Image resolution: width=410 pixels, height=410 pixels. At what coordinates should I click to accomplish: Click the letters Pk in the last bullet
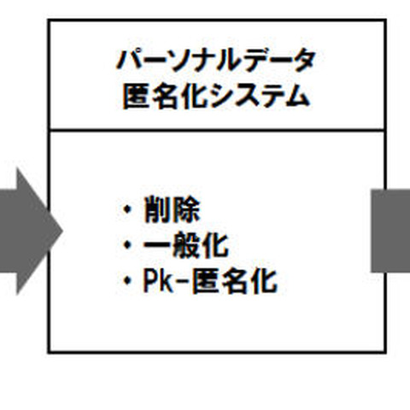[x=156, y=281]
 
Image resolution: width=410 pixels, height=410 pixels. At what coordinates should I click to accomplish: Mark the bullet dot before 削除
[x=128, y=210]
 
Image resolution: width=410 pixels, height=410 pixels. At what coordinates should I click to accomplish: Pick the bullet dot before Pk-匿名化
[x=128, y=282]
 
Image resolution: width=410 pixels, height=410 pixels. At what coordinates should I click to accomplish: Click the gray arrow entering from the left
[x=26, y=229]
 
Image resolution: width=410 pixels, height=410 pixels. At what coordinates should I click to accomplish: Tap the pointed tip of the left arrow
[x=61, y=229]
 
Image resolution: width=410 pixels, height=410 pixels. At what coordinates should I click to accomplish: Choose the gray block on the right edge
[x=390, y=229]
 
